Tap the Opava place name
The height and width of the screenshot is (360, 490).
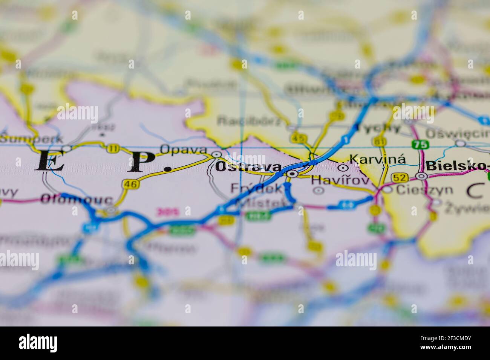(x=183, y=149)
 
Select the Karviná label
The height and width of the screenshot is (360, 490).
(x=378, y=159)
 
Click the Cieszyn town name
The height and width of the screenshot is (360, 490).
(x=424, y=189)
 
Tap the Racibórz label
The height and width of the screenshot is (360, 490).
(x=250, y=121)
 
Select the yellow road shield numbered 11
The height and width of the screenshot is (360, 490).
(x=112, y=148)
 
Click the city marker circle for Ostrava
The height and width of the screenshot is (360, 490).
(x=291, y=174)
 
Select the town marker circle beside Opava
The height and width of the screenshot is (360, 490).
(x=216, y=154)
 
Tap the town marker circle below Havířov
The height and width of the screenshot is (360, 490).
(x=318, y=191)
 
